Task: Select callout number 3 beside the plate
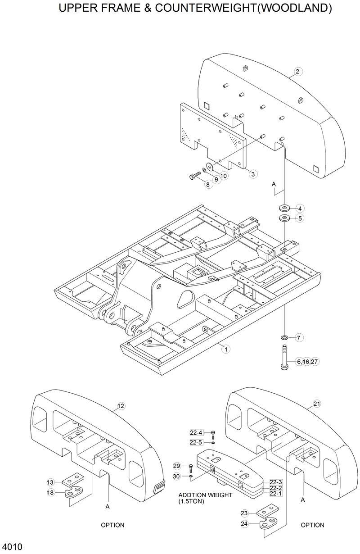point(254,173)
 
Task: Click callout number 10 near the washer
point(224,176)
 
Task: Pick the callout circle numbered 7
point(300,337)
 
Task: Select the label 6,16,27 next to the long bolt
point(308,361)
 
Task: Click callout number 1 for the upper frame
point(225,348)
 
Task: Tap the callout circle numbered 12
point(120,406)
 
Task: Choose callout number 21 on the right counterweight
point(316,404)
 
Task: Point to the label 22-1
point(276,493)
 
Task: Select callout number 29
point(176,466)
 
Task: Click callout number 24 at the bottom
point(244,524)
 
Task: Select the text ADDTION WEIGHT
point(206,495)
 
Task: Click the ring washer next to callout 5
point(284,218)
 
